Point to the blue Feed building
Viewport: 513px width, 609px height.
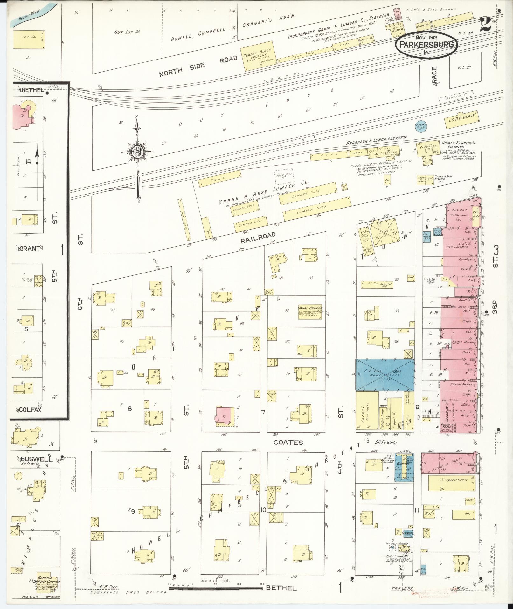(385, 375)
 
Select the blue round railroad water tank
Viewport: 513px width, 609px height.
(421, 127)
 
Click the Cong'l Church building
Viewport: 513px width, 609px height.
(310, 312)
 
